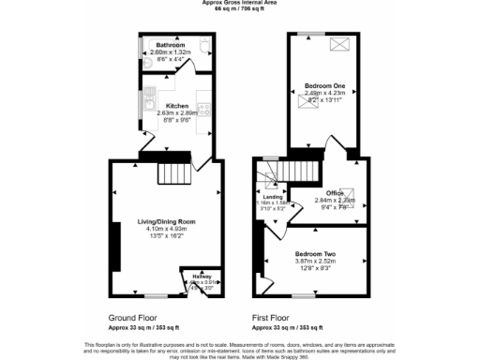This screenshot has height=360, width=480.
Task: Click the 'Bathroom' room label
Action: tap(171, 45)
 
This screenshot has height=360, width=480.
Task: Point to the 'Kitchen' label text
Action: tap(177, 106)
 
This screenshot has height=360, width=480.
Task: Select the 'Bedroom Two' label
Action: tap(315, 254)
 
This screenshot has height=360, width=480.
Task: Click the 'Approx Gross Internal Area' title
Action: tap(240, 3)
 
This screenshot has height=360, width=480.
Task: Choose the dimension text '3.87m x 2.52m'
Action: tap(315, 262)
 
